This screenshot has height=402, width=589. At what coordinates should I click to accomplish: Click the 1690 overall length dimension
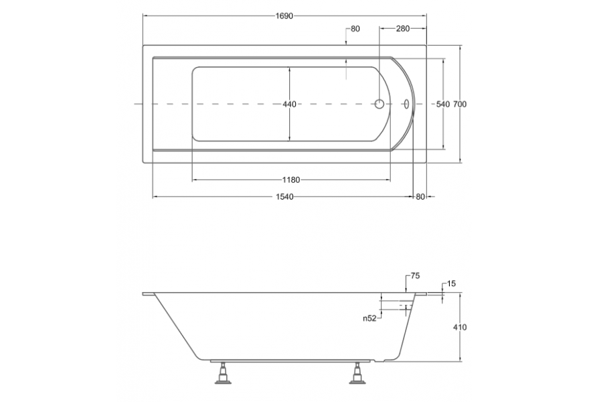coord(284,16)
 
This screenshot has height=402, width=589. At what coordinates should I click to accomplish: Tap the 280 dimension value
coord(403,29)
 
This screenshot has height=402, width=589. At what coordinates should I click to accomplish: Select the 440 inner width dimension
coord(290,104)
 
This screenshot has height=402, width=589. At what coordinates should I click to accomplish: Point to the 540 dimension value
coord(443,104)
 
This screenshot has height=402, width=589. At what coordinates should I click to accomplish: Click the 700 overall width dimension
coord(460,104)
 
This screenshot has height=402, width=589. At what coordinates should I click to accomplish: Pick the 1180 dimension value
coord(292,180)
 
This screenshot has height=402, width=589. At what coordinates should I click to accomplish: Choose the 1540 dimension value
coord(284,197)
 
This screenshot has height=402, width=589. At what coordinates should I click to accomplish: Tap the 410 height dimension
coord(460,327)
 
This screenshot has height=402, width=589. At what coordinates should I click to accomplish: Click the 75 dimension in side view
coord(415,276)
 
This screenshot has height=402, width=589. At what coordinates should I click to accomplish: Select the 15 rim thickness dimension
coord(452,283)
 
